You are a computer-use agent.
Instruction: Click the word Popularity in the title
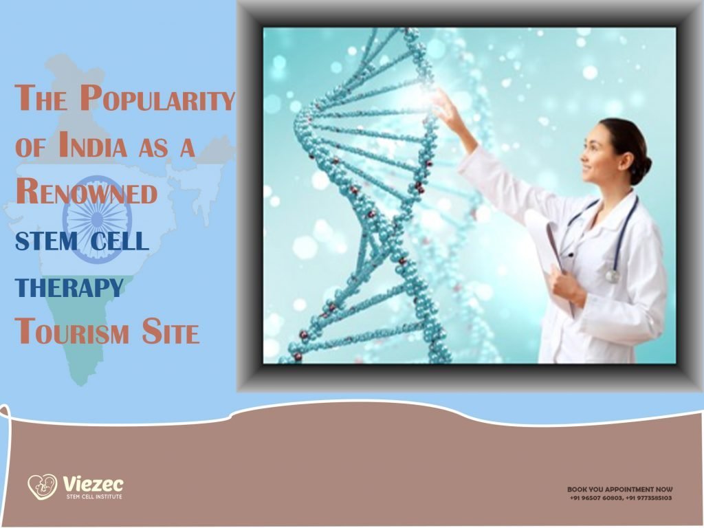tap(157, 100)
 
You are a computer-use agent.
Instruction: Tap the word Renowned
tap(86, 192)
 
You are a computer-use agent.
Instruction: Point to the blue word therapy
tap(69, 286)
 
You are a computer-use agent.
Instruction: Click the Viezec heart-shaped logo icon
tap(42, 486)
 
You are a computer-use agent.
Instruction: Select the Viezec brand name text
tap(92, 484)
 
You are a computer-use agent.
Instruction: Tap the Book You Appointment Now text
tap(619, 489)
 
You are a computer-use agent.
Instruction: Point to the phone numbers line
tap(619, 498)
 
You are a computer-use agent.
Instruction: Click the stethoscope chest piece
tap(611, 275)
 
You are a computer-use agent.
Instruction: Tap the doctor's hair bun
tap(645, 165)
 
